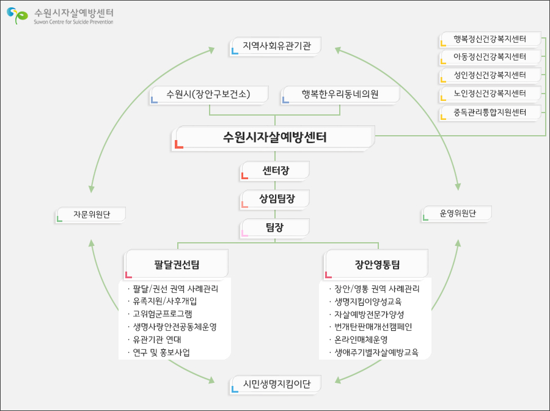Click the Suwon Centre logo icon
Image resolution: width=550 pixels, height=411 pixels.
point(17,16)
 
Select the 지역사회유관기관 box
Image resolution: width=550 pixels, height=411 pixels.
point(276,46)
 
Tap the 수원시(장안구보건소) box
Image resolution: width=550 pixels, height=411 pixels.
point(209,94)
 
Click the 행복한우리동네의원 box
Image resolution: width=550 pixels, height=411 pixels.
point(340,94)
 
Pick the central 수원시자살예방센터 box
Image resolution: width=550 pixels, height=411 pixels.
point(275,137)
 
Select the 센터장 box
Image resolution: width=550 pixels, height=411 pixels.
point(275,170)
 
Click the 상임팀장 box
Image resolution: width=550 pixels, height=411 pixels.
point(275,199)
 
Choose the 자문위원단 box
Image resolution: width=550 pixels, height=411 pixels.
point(91,214)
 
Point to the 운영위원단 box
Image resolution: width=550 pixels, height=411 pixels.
point(457,213)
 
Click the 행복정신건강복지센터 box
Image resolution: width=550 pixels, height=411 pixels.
point(490,40)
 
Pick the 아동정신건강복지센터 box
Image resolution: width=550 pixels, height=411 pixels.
point(490,57)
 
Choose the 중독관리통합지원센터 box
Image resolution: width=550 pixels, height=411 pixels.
point(490,113)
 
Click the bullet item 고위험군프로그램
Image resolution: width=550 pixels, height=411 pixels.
point(163,314)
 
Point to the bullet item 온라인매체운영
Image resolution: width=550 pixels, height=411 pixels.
point(361,339)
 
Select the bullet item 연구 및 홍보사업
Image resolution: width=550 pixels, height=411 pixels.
point(161,352)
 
